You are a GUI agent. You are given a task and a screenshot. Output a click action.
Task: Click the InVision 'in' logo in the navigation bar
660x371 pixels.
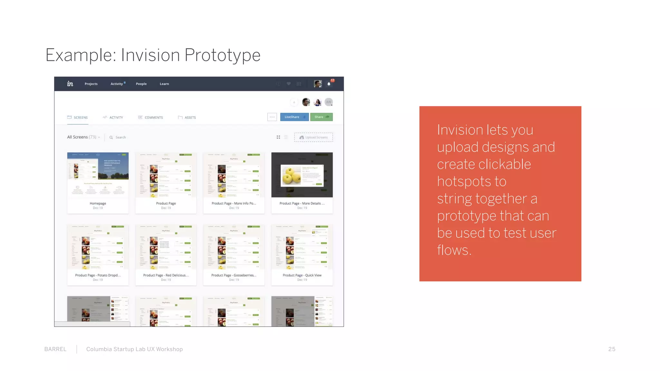[x=70, y=84]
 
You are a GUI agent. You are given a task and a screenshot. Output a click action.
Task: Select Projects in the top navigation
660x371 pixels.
[x=91, y=84]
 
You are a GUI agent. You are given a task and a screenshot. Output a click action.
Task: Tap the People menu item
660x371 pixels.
[x=141, y=84]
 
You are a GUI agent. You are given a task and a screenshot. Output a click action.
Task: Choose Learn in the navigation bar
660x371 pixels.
[x=164, y=84]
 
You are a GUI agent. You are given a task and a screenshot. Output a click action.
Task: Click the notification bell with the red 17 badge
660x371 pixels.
[x=329, y=84]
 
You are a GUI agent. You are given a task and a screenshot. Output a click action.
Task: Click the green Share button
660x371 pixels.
[x=321, y=117]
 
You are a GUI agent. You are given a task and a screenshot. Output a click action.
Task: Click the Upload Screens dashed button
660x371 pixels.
[x=313, y=137]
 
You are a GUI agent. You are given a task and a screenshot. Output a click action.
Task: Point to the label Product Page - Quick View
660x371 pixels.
[x=302, y=275]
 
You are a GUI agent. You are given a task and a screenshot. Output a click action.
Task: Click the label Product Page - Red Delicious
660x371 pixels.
[x=166, y=275]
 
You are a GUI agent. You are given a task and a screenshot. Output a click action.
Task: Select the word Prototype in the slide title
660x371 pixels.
[x=222, y=55]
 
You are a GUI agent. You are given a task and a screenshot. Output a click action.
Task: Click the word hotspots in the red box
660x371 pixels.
[x=471, y=181]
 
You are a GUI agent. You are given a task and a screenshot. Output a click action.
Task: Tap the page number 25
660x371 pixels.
[x=612, y=349]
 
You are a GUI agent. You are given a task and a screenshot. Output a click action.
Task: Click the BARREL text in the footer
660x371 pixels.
[x=55, y=349]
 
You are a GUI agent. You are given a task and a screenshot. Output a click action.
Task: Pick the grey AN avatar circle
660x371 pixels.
[x=328, y=102]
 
